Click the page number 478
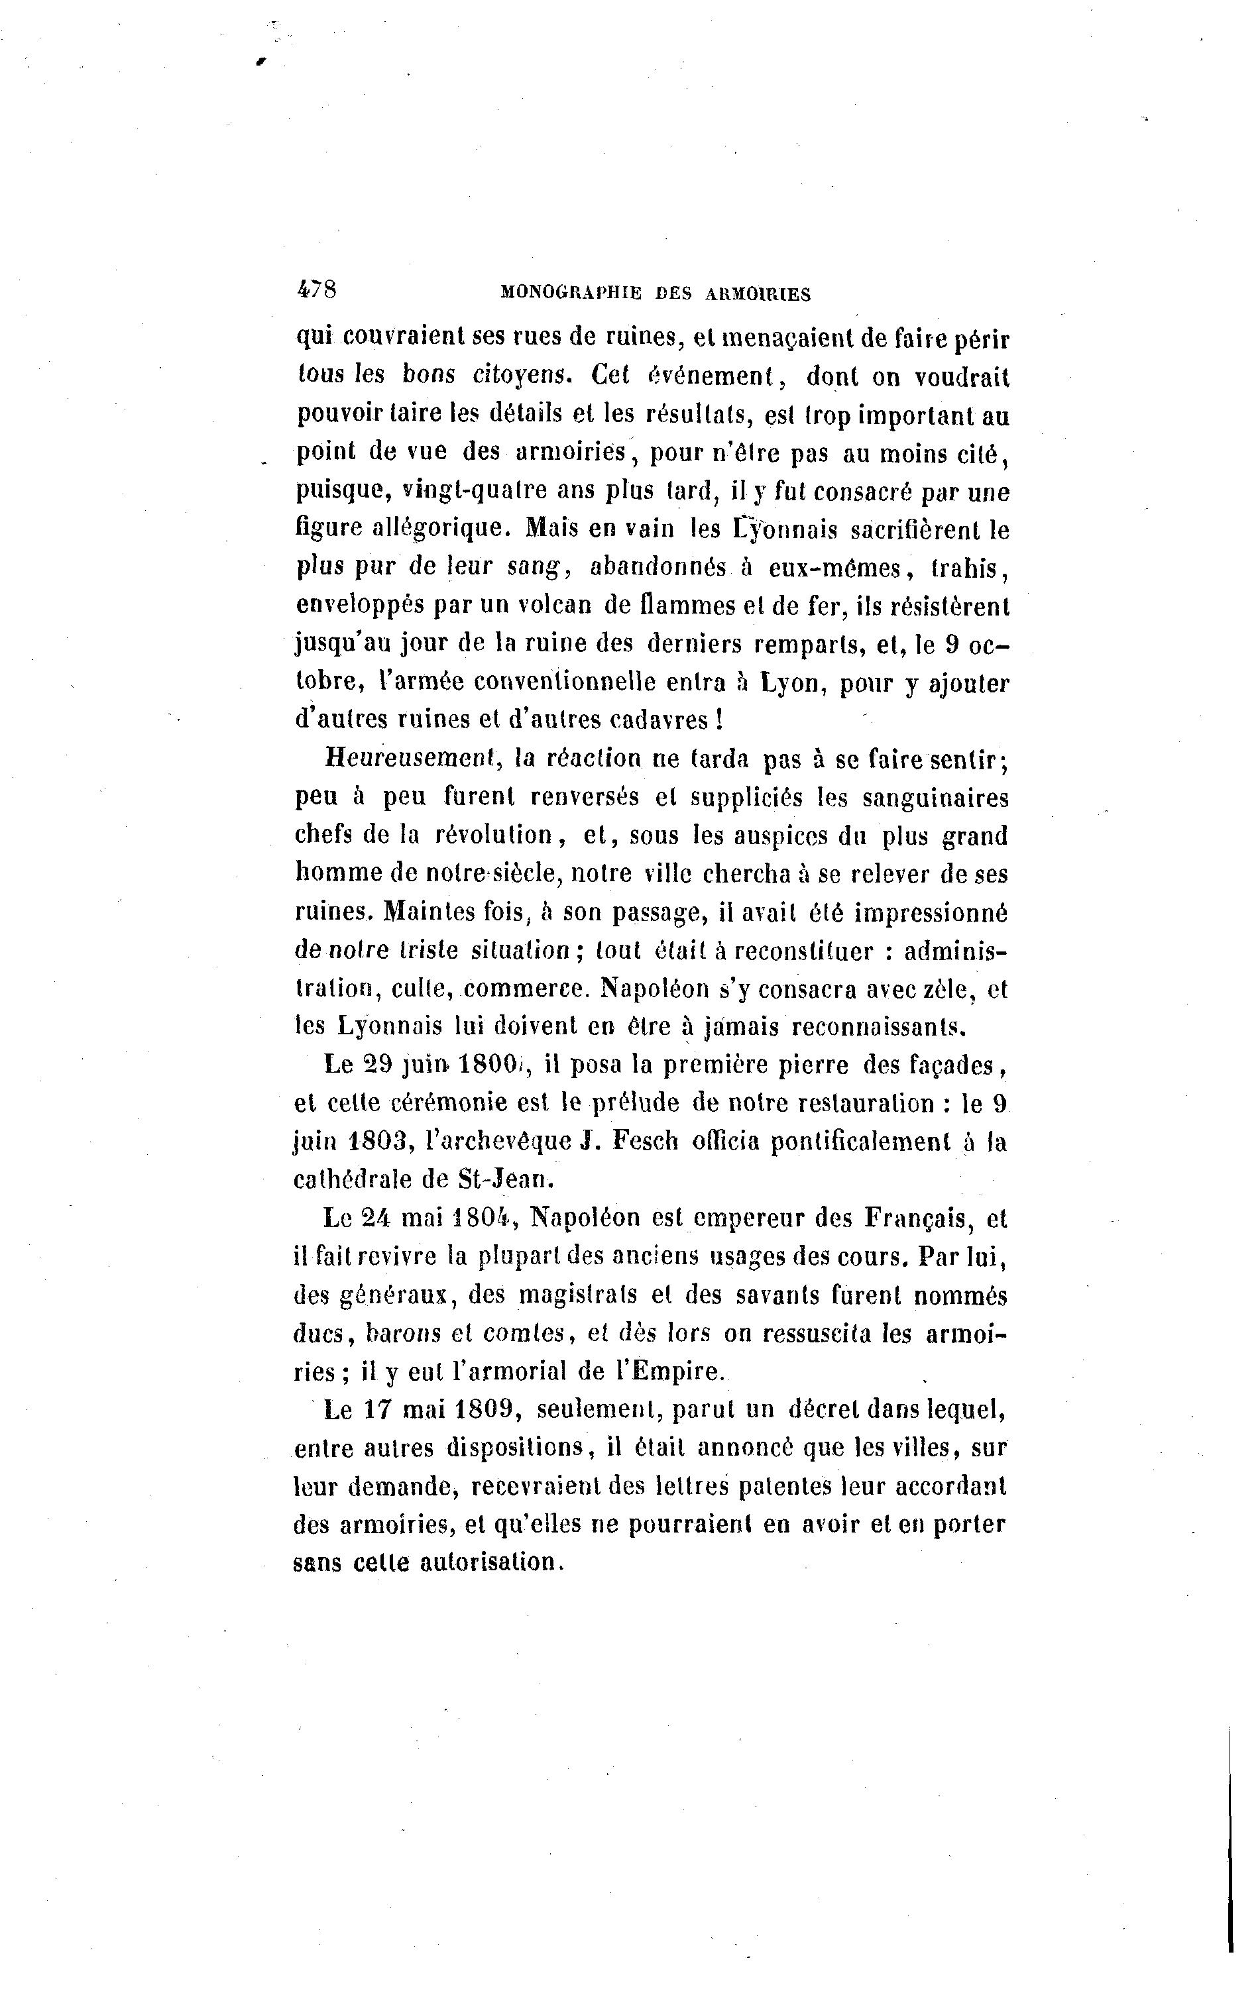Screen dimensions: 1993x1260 click(x=315, y=289)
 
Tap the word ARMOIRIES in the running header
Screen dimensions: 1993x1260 click(x=758, y=293)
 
